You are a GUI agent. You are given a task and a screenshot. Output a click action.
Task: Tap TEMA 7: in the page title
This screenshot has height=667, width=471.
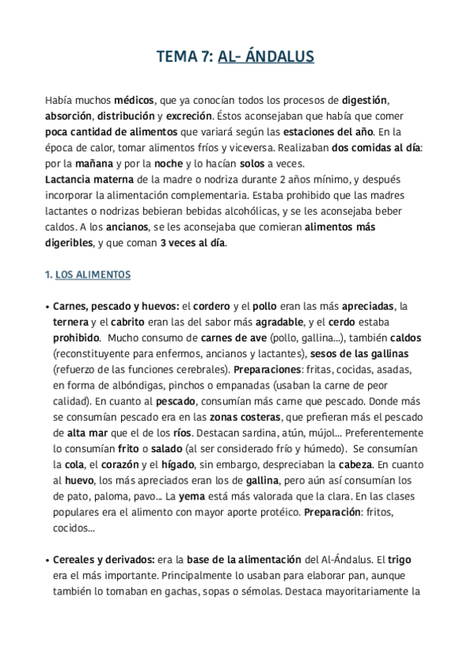point(184,57)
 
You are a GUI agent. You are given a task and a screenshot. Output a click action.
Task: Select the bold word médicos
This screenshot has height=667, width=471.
point(134,101)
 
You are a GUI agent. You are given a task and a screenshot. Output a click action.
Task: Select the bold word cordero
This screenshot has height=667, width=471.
point(213,306)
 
